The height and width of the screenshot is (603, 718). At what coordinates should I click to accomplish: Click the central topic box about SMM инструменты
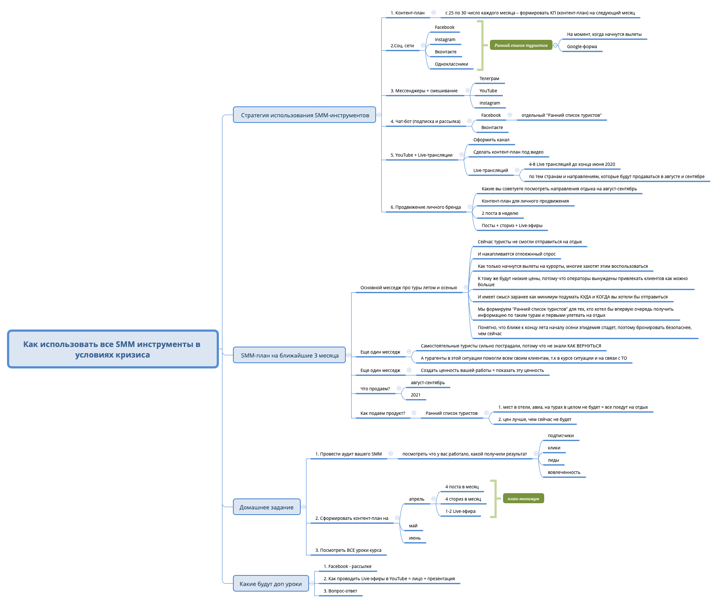click(x=113, y=349)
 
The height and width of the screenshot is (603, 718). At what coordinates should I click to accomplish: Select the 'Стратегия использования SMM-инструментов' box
click(x=304, y=115)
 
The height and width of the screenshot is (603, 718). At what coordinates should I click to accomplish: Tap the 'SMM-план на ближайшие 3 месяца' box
click(x=289, y=355)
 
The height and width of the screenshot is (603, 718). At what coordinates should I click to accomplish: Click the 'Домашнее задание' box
click(x=266, y=507)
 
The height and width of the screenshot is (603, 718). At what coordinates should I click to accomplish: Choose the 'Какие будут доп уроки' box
click(x=270, y=584)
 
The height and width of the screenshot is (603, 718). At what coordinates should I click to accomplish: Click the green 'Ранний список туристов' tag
click(x=521, y=45)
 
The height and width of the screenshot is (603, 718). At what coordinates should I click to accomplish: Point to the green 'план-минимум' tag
click(x=523, y=498)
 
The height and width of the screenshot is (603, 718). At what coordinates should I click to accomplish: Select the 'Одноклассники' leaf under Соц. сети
click(x=451, y=64)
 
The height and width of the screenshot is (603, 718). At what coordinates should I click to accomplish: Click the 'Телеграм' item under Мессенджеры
click(x=489, y=78)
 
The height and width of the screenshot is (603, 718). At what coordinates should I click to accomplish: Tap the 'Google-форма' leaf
click(x=582, y=46)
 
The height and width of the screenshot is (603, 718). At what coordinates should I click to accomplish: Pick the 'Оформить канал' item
click(x=491, y=140)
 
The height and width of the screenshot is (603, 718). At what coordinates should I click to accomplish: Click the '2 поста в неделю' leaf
click(x=500, y=213)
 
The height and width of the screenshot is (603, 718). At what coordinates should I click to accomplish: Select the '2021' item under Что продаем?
click(x=415, y=395)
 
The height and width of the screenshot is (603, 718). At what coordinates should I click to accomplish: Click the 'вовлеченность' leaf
click(x=564, y=472)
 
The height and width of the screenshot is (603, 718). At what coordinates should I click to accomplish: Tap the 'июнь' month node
click(x=415, y=538)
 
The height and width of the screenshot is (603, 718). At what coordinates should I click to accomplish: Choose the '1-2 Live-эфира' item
click(x=460, y=511)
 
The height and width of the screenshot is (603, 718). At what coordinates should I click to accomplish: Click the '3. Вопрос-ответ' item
click(x=340, y=591)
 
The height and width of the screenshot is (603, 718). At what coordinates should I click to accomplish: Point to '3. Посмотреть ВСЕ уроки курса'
click(x=348, y=550)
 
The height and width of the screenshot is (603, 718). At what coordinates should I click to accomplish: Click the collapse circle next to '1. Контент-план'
click(x=433, y=13)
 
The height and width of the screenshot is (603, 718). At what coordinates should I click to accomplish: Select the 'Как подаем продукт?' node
click(x=382, y=413)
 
